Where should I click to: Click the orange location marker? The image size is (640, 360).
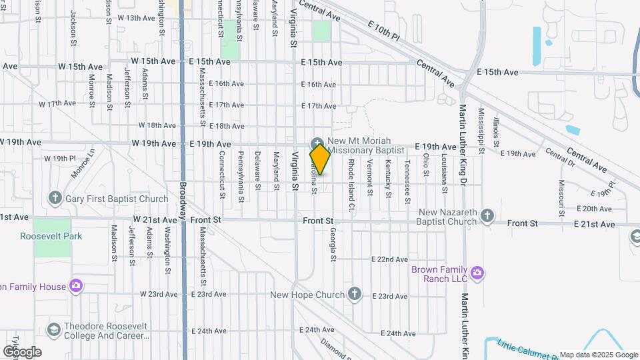pos(320,159)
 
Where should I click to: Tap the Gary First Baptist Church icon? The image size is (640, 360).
pos(55,199)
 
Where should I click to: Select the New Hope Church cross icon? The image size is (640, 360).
pos(355,294)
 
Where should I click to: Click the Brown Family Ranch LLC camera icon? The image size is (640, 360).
pos(477,273)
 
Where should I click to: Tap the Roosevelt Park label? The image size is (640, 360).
pos(51,236)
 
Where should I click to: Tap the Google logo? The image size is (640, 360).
pos(22,351)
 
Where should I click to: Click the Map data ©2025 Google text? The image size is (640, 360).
pos(598,355)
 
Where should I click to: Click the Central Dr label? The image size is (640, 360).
pos(560,157)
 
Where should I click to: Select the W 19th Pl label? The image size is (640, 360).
pos(61,159)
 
